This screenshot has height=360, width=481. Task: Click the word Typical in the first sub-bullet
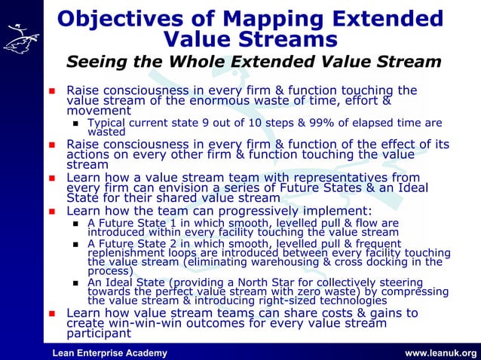pos(108,124)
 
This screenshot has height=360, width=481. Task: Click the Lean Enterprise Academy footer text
pos(109,353)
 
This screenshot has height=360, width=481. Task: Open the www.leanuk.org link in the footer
pos(440,353)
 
